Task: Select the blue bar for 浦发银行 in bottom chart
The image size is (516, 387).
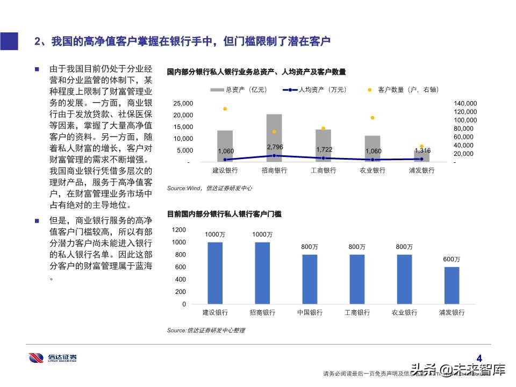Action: coord(451,285)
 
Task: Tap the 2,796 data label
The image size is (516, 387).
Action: coord(275,147)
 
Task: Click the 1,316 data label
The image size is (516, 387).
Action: coord(422,150)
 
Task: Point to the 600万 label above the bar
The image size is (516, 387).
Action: coord(451,260)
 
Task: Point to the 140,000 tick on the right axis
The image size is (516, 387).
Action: coord(465,103)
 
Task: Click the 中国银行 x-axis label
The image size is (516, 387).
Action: coord(310,312)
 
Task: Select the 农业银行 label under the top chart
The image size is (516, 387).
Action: coord(372,170)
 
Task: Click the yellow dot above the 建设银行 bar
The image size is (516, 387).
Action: coord(225,109)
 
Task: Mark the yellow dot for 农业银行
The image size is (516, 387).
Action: coord(372,118)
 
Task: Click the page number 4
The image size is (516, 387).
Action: coord(480,357)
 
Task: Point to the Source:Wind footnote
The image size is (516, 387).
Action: coord(209,188)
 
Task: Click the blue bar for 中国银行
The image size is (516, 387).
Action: coord(310,279)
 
